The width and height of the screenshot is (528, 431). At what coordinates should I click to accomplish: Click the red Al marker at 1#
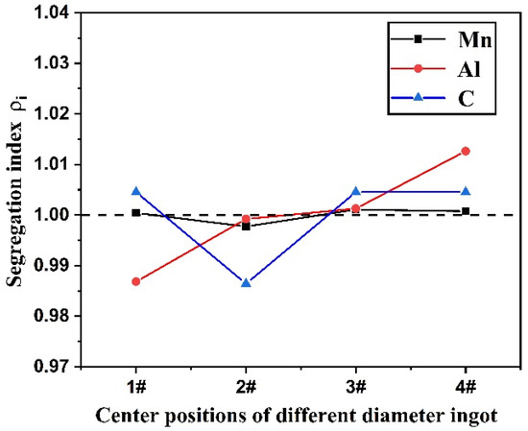tap(136, 281)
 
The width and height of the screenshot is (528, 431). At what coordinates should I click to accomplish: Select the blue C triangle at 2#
tap(246, 282)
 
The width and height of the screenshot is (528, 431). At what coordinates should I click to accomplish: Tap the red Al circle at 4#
tap(466, 151)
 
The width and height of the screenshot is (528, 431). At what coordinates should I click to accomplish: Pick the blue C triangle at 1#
tap(136, 191)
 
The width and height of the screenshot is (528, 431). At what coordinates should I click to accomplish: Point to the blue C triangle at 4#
tap(466, 191)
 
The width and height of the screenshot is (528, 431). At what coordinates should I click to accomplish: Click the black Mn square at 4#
tap(466, 211)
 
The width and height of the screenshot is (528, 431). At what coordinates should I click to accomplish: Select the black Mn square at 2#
tap(246, 226)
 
